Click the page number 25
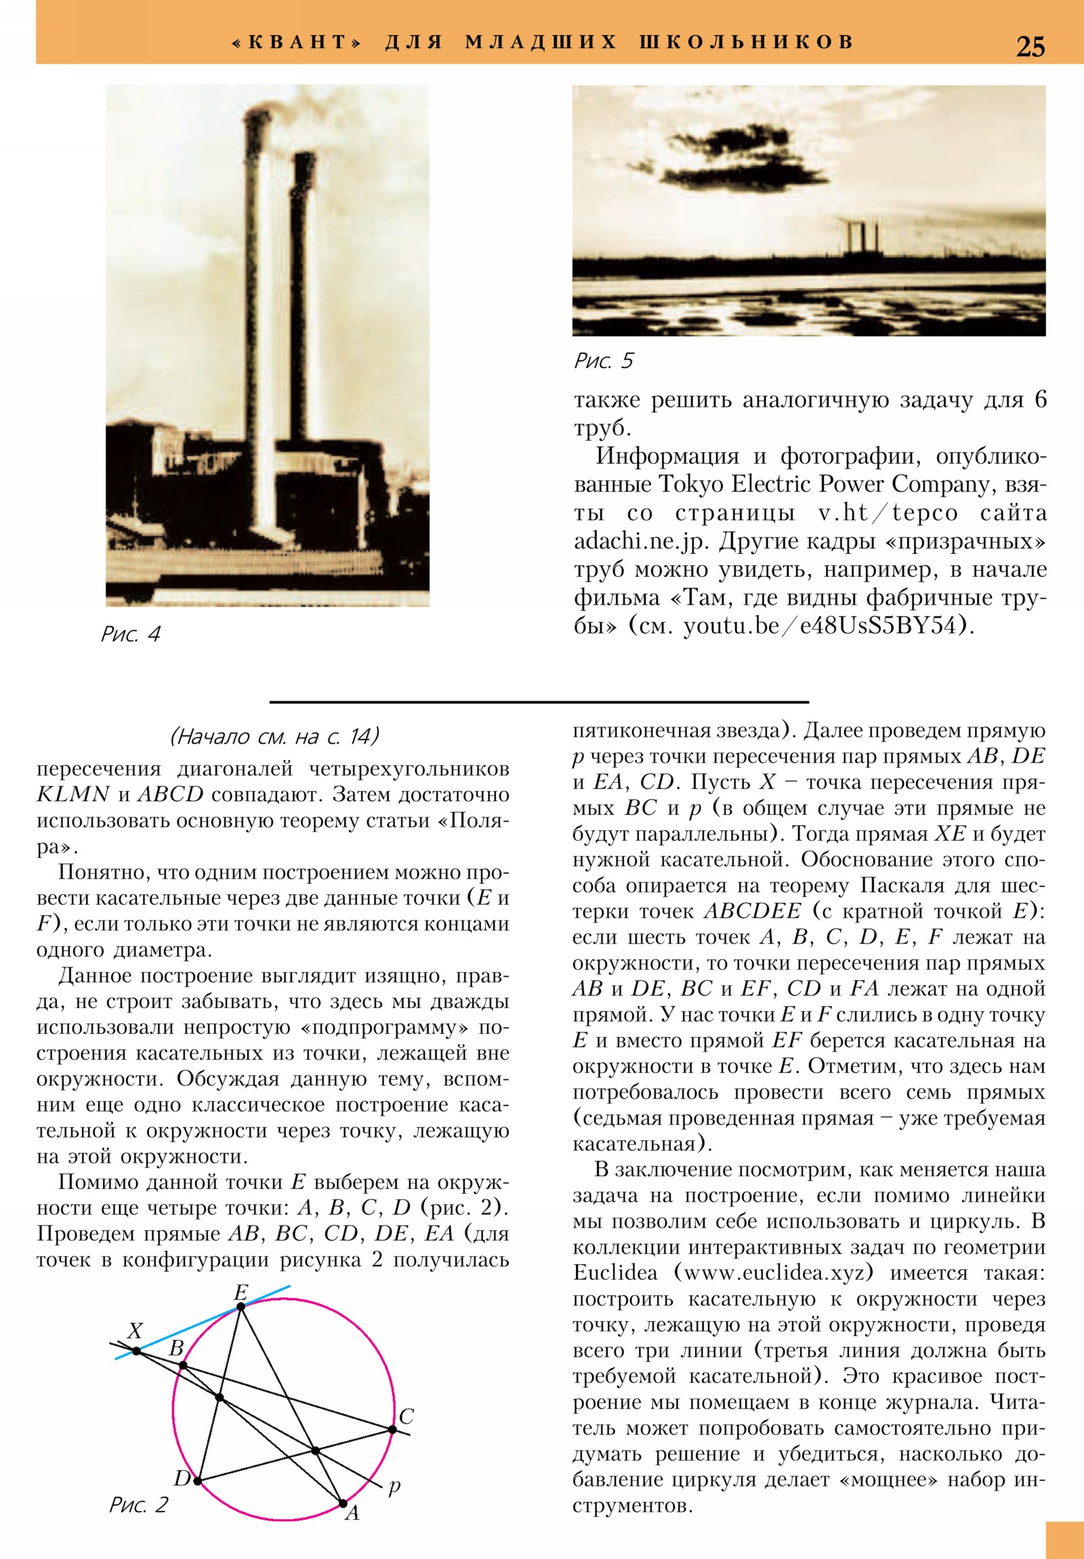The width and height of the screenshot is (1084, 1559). click(1030, 45)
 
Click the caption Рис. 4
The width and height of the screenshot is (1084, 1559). click(130, 634)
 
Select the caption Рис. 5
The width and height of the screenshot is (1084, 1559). click(603, 361)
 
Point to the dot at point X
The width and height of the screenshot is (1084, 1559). click(136, 1351)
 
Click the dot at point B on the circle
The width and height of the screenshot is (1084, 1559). click(182, 1366)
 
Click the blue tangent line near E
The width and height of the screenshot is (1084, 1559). click(204, 1321)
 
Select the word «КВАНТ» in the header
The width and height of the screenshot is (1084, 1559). click(295, 43)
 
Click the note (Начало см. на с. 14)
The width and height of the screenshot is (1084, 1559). click(274, 736)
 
